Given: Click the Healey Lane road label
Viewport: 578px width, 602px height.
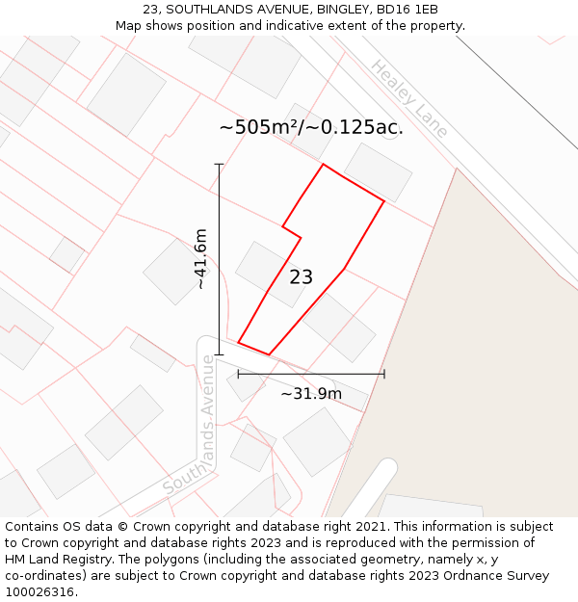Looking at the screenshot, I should pos(408,99).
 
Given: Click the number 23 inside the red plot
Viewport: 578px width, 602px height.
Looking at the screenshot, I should pos(301,277).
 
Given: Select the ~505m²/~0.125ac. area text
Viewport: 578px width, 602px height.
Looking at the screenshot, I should pos(310,127).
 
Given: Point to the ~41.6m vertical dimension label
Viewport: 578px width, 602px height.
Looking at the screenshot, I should pos(200,258).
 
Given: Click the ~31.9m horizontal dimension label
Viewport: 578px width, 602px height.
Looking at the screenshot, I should pos(311,393).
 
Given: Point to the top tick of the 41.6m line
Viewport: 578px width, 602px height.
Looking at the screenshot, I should pos(219,165).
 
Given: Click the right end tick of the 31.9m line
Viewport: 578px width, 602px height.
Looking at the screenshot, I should pos(384,374).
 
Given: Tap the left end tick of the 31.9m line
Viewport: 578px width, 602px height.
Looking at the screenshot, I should pos(238,374).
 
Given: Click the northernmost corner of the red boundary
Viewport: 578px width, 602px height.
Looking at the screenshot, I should pos(323,164).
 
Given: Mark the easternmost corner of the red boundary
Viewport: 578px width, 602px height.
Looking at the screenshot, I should pos(384,201).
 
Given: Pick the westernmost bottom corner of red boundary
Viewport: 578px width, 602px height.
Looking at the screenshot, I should pos(238,342).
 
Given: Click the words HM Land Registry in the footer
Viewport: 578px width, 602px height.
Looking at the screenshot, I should pos(53,560).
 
